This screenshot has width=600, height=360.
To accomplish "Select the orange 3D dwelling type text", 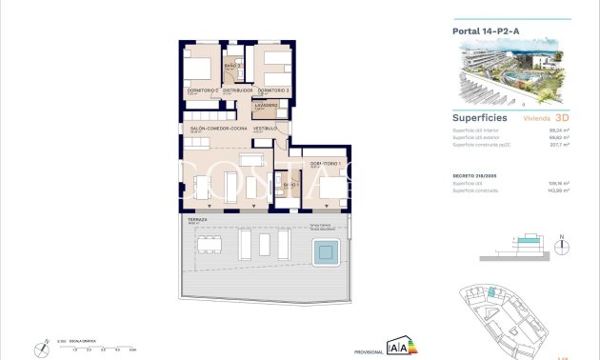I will pyautogui.click(x=562, y=120).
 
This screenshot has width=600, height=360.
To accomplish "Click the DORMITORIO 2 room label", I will pyautogui.click(x=202, y=90).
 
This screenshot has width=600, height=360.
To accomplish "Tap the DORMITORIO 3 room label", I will pyautogui.click(x=273, y=90).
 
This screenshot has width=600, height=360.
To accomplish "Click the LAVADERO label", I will pyautogui.click(x=266, y=105).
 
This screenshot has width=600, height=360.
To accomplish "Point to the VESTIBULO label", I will pyautogui.click(x=265, y=128).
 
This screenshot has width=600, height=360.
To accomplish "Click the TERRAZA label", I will pyautogui.click(x=197, y=219).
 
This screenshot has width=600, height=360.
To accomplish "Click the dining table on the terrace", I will pyautogui.click(x=211, y=246).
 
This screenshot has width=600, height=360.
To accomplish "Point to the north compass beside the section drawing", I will pyautogui.click(x=563, y=244).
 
